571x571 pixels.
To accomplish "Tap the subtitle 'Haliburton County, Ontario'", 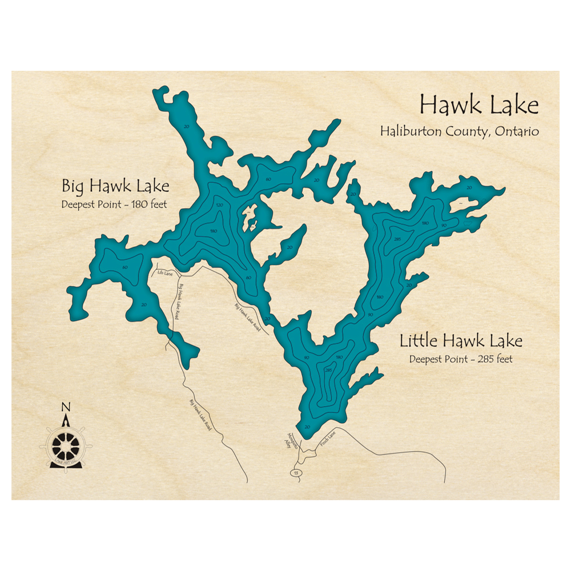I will pos(460,131).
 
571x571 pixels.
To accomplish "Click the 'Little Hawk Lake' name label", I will pos(461,341).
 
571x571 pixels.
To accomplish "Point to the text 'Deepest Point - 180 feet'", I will pos(114,204).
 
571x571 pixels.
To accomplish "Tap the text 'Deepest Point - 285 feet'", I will pos(461,359).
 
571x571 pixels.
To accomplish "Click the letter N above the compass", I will pos(66,407).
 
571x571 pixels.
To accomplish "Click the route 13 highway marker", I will pos(295,473).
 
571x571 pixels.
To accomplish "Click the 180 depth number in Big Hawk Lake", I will pos(213,231).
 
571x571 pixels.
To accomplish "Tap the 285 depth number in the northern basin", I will pos(396,240).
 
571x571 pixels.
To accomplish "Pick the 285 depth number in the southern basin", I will pos(328,370).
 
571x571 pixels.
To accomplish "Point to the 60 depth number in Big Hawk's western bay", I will pos(124,267).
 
